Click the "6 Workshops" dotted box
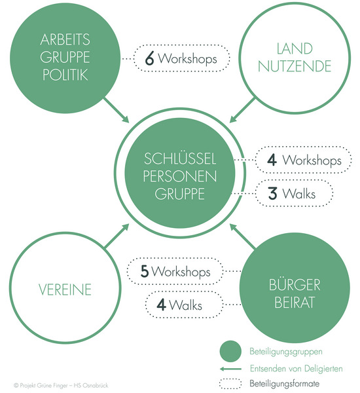click(x=182, y=45)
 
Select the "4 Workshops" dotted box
click(x=304, y=147)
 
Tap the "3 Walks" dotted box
click(x=295, y=180)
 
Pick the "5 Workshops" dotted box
click(x=175, y=258)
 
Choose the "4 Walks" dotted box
click(x=184, y=291)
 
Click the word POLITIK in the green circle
click(x=65, y=75)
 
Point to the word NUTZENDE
click(x=295, y=66)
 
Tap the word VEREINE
click(x=65, y=290)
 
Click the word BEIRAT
click(x=295, y=303)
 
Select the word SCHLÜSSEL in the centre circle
click(x=180, y=159)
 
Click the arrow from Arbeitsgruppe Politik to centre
click(x=117, y=110)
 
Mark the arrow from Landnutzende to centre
click(x=242, y=110)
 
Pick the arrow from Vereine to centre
click(x=117, y=236)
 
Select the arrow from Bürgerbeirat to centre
click(x=243, y=236)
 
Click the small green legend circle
click(x=230, y=351)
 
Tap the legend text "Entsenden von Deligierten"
click(x=296, y=368)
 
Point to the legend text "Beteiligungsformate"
click(x=284, y=383)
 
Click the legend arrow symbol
click(x=230, y=369)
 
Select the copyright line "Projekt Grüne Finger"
click(x=61, y=385)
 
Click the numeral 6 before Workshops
click(x=149, y=59)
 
